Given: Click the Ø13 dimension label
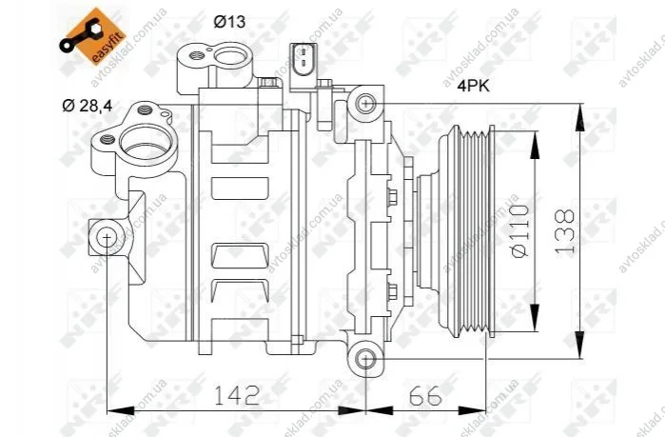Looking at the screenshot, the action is [x=229, y=21].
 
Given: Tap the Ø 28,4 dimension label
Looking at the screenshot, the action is [x=88, y=106].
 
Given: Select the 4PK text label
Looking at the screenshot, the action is [x=473, y=86].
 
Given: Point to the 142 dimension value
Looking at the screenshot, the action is [x=236, y=395].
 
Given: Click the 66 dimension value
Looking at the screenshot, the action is [x=425, y=397].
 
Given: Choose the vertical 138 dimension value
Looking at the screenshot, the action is [x=565, y=231].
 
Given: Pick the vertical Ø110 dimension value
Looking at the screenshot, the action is [x=520, y=231].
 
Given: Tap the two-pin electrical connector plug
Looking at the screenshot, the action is [x=303, y=62].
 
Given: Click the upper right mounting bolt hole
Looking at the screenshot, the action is [x=365, y=103].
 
